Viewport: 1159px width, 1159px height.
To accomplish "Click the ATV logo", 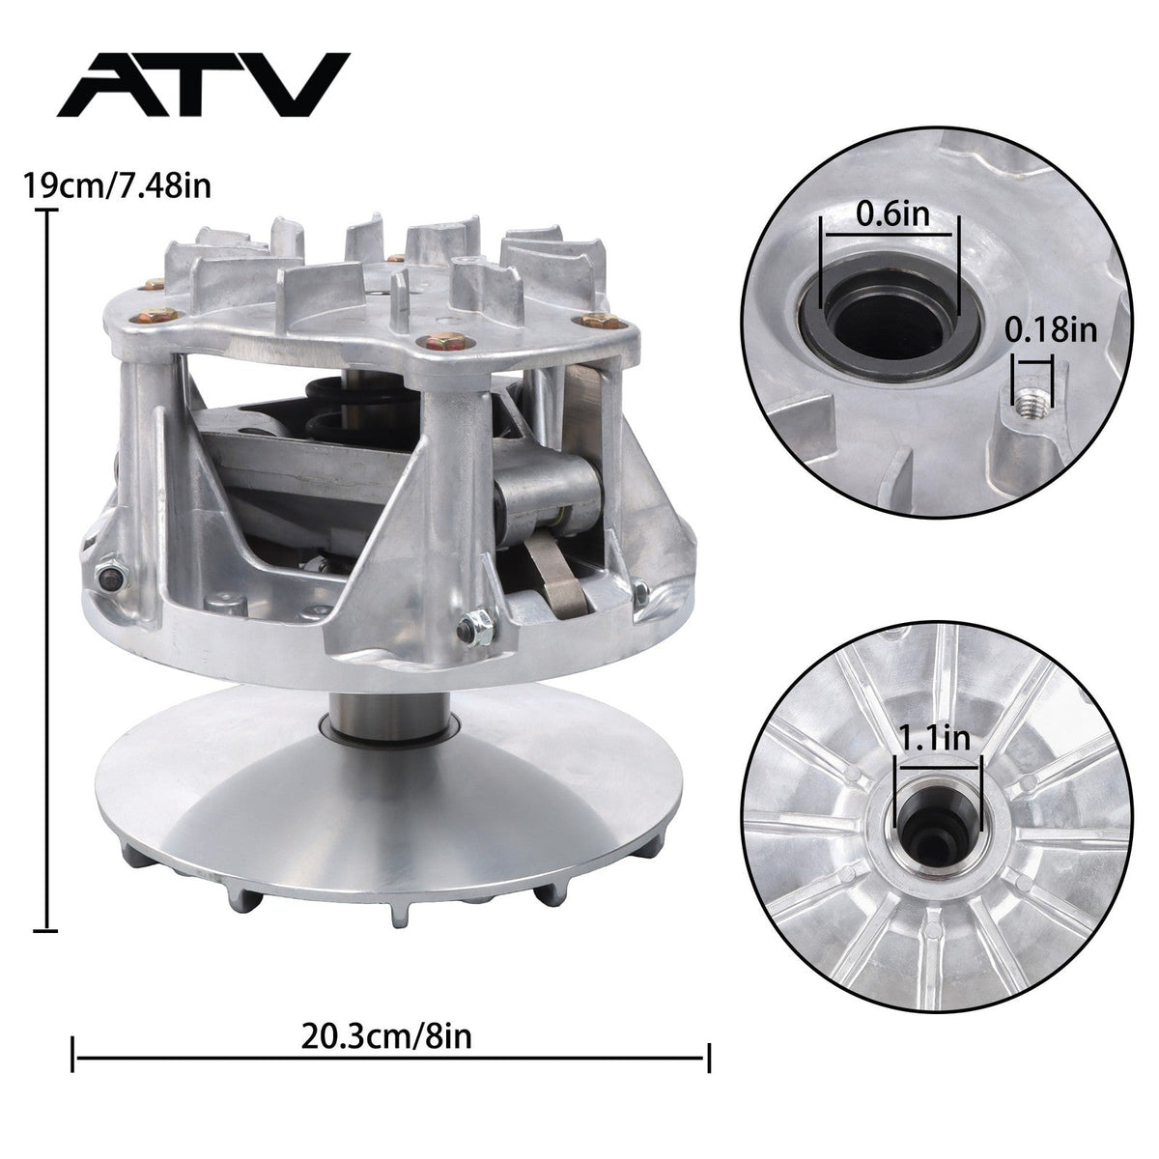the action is [x=203, y=84].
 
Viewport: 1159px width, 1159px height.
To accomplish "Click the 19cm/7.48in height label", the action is [x=117, y=185].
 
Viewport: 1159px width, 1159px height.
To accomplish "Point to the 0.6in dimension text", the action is [x=892, y=213].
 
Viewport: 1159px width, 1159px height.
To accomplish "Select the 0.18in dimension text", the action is [x=1051, y=330].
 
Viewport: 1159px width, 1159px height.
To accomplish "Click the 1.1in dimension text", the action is [x=934, y=737].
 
